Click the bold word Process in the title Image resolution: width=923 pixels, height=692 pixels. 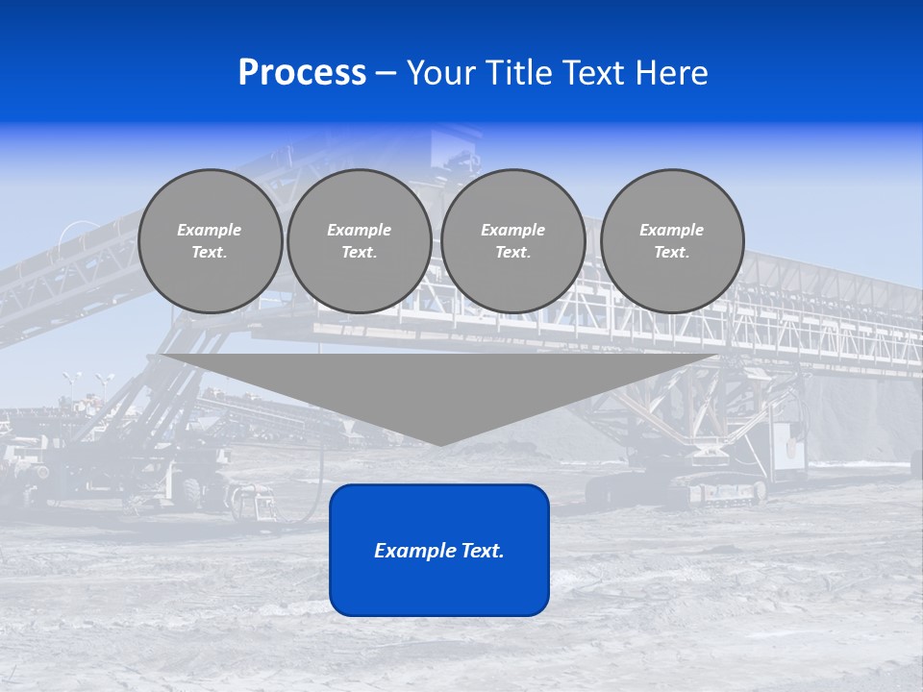302,73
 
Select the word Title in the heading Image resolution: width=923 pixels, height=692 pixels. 517,73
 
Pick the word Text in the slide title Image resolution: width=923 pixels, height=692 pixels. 593,73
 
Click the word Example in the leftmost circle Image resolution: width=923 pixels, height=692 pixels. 210,230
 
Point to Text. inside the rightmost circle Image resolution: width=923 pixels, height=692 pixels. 672,253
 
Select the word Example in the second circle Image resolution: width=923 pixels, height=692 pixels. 360,230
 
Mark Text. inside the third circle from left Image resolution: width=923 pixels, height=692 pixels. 513,253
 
